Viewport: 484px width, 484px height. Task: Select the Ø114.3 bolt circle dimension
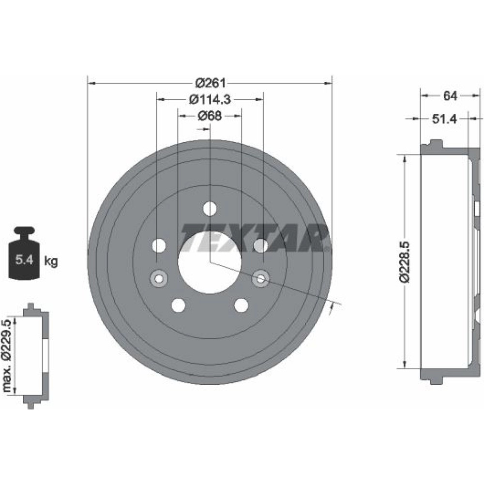point(210,99)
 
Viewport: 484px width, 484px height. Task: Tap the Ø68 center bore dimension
point(210,116)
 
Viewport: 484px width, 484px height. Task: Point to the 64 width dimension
point(450,96)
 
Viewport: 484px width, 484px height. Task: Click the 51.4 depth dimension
point(444,119)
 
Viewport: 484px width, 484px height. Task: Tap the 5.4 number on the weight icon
point(24,260)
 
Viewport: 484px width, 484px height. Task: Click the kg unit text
point(51,261)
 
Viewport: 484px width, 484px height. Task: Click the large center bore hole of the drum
point(210,262)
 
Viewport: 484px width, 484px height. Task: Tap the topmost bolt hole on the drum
point(210,209)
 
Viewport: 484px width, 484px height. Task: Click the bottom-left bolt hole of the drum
point(179,305)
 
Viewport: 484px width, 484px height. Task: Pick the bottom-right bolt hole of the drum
point(241,305)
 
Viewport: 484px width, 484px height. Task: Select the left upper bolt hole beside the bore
point(159,246)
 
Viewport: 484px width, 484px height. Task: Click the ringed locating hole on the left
point(159,278)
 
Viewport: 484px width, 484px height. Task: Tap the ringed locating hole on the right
point(261,278)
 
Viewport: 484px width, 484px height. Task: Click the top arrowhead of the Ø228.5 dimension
point(404,159)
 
